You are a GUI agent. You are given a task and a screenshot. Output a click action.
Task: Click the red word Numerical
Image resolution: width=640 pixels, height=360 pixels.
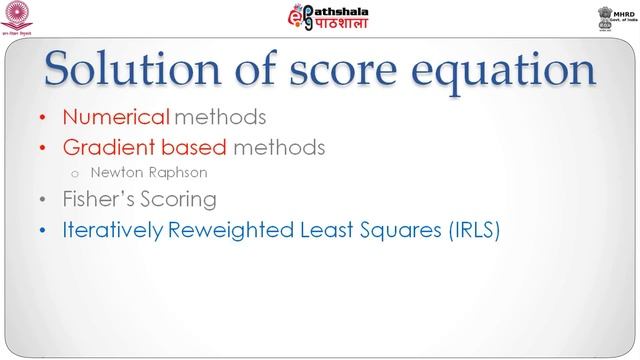pyautogui.click(x=105, y=117)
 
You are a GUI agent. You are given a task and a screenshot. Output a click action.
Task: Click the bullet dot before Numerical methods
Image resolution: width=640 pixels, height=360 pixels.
pyautogui.click(x=41, y=118)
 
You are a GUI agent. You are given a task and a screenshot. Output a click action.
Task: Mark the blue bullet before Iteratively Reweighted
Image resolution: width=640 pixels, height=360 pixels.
pyautogui.click(x=41, y=230)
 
